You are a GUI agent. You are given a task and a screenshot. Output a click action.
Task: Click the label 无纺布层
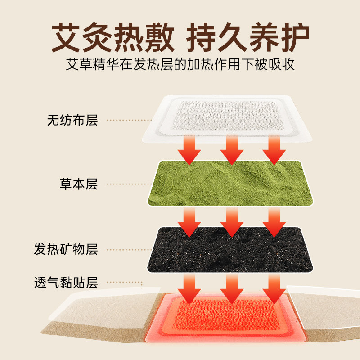click(x=72, y=120)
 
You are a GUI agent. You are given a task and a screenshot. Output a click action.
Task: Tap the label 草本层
click(x=78, y=184)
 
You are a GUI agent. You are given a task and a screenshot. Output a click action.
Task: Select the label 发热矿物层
click(x=66, y=249)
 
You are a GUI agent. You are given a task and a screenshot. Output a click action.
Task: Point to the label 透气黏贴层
click(x=66, y=283)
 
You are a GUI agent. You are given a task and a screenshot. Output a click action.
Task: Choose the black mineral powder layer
click(x=229, y=249)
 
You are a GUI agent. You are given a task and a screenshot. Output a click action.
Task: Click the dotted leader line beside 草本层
click(x=129, y=184)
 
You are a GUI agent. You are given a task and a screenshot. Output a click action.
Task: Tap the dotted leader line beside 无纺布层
click(x=129, y=120)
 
